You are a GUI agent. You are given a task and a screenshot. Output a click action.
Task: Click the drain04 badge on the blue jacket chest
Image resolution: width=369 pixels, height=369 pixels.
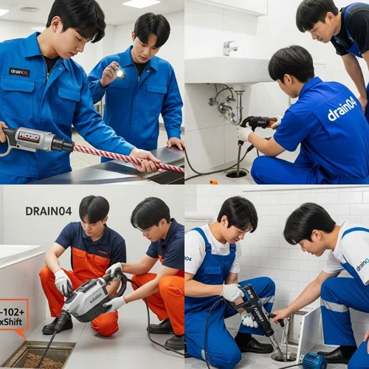click(x=19, y=72)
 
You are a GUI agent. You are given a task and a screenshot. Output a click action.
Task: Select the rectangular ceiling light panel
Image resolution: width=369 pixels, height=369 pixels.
click(x=141, y=4)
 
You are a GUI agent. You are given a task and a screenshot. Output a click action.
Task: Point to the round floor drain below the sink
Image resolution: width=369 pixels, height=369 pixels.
click(x=237, y=173)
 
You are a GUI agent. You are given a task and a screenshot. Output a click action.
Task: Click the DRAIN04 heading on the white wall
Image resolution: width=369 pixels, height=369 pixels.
click(x=48, y=211)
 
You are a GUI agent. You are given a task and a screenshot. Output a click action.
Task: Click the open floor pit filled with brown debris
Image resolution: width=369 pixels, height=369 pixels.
click(x=40, y=356)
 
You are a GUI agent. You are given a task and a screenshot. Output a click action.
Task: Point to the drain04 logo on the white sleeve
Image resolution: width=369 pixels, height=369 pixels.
click(x=362, y=264)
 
